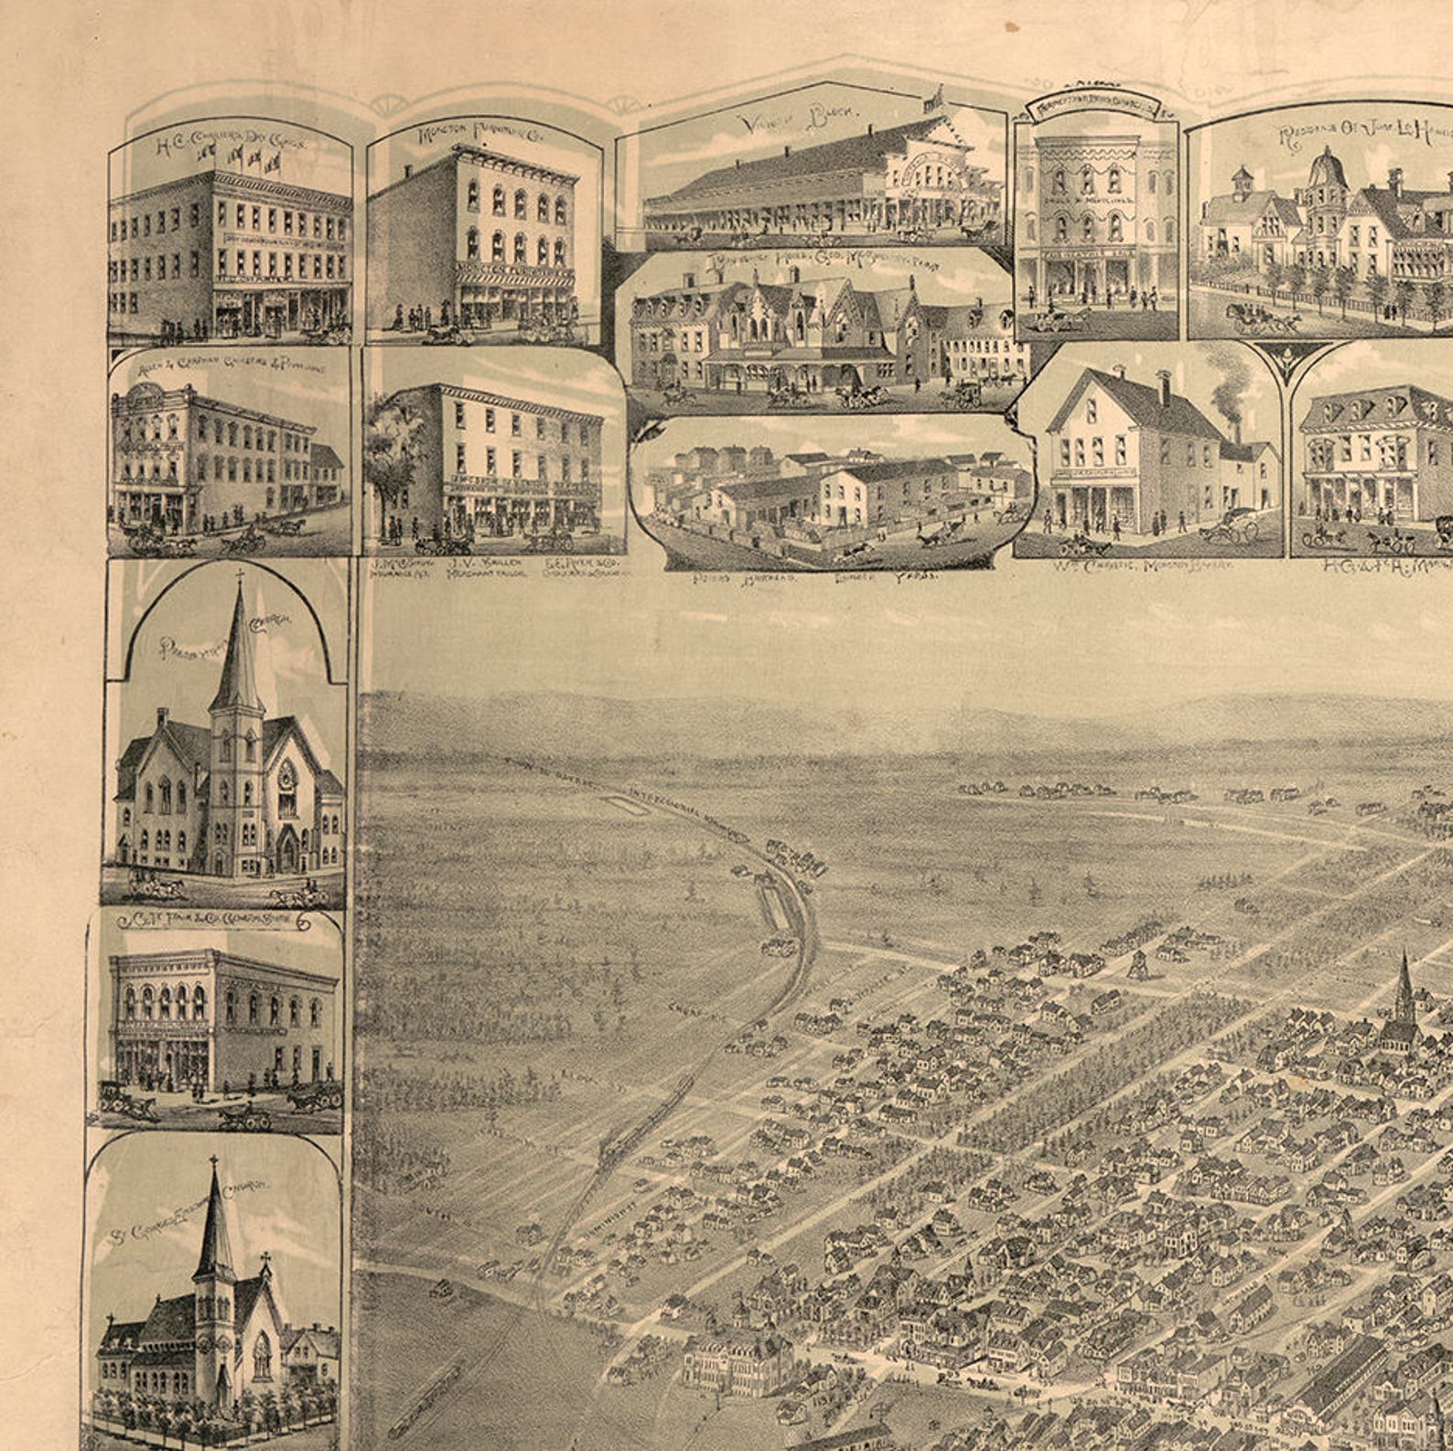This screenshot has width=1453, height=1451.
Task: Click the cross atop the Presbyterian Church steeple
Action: (x=240, y=577)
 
